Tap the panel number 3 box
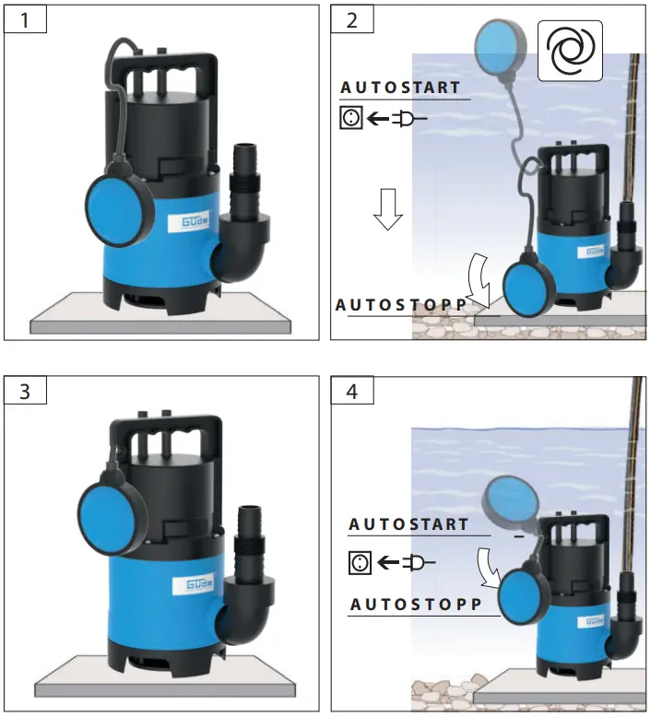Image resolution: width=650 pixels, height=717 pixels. coord(25,390)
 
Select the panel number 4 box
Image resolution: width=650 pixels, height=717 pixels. coord(352,390)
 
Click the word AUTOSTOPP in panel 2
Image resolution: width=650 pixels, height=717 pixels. coord(401,304)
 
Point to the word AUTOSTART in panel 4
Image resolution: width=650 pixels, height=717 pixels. coord(408,524)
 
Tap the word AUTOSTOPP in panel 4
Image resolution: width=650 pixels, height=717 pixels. coord(415,605)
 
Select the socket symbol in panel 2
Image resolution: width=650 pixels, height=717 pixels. coord(350,119)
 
